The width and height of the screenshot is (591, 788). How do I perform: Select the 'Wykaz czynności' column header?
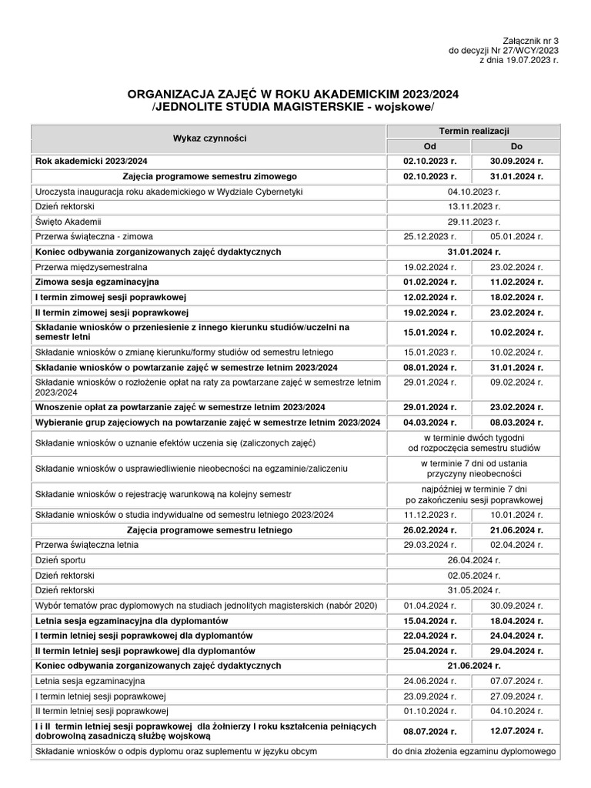[209, 139]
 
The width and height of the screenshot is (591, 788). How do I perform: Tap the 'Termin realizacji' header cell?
[473, 132]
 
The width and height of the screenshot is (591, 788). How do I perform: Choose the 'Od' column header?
[429, 146]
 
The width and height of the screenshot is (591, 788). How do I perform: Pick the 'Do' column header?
[516, 146]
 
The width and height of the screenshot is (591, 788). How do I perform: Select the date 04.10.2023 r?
[473, 192]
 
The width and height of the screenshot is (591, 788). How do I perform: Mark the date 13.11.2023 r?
[473, 206]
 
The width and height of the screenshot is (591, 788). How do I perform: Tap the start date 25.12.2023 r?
[430, 236]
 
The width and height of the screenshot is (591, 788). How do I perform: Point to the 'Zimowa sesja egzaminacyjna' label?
[97, 282]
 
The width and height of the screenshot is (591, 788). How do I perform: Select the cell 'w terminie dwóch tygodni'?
[473, 437]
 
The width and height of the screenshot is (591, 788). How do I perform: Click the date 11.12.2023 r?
[430, 514]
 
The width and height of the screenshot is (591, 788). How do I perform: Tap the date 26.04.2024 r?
[473, 559]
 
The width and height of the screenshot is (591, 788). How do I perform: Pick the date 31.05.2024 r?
[473, 589]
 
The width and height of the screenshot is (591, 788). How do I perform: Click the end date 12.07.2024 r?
[516, 731]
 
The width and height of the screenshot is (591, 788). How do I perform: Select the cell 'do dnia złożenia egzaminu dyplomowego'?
[473, 751]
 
